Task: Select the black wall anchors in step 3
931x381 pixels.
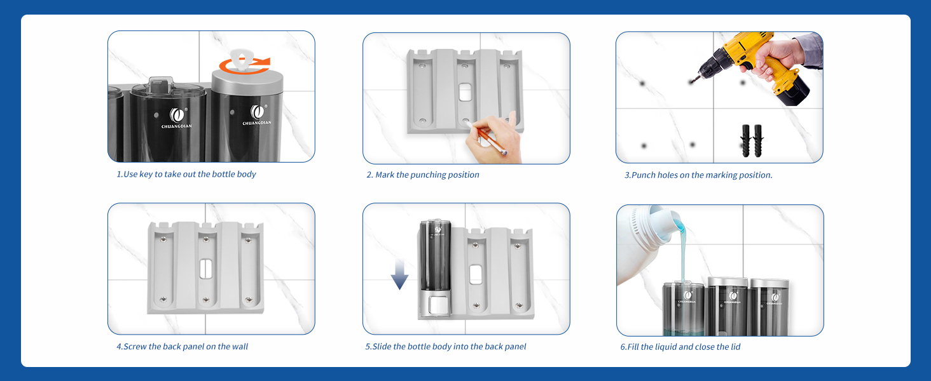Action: pyautogui.click(x=752, y=141)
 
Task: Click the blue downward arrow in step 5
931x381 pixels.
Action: pyautogui.click(x=399, y=275)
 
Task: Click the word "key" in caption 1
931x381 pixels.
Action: pyautogui.click(x=146, y=175)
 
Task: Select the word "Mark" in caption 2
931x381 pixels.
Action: pyautogui.click(x=385, y=175)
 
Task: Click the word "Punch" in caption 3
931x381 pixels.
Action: pyautogui.click(x=644, y=175)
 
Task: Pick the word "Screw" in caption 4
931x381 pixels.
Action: pyautogui.click(x=135, y=347)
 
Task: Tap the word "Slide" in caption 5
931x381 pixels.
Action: pyautogui.click(x=382, y=347)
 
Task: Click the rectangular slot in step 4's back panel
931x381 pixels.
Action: pyautogui.click(x=206, y=269)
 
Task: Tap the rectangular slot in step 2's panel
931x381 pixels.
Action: pyautogui.click(x=465, y=91)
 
